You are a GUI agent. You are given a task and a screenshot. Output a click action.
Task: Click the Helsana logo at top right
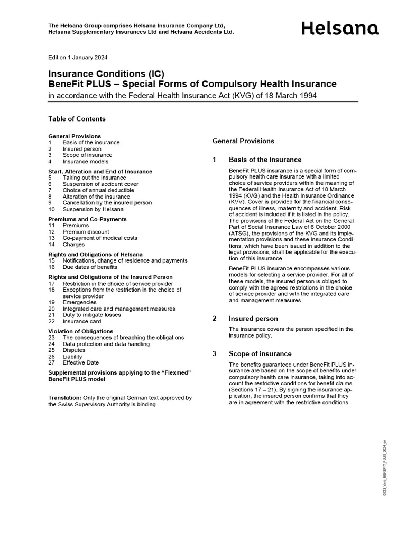click(340, 28)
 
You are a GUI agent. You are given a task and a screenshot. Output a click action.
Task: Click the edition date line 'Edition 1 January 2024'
click(78, 57)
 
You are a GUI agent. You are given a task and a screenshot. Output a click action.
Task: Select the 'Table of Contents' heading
click(77, 119)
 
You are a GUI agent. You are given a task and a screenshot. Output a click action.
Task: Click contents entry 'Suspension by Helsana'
click(93, 209)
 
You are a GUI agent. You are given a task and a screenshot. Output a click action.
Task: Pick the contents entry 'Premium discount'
click(86, 232)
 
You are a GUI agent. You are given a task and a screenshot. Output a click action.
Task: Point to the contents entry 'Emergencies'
click(79, 302)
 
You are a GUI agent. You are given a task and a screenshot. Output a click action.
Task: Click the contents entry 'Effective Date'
click(80, 363)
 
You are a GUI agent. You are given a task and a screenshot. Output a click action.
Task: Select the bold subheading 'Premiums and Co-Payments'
click(87, 219)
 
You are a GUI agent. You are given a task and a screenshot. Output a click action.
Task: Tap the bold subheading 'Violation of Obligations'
click(81, 331)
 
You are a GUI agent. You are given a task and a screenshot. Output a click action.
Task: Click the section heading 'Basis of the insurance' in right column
click(265, 160)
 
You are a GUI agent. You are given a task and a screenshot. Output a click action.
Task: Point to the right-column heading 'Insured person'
click(253, 319)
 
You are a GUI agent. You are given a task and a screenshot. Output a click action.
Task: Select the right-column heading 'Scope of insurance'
click(260, 354)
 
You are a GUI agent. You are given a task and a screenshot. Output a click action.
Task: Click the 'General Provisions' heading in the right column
click(243, 141)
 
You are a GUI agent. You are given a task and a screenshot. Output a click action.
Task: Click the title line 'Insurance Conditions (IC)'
click(103, 74)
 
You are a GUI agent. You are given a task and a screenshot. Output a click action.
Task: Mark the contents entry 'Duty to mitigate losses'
click(91, 315)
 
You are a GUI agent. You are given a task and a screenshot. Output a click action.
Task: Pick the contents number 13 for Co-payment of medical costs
click(51, 238)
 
